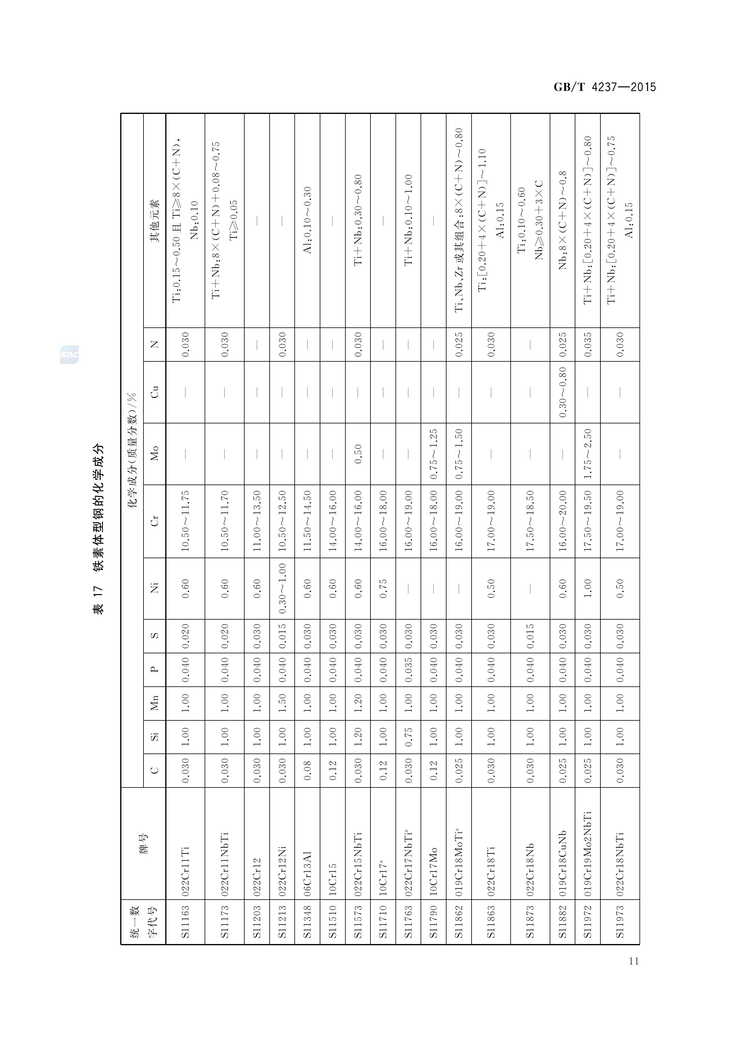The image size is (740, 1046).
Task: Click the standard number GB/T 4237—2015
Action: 605,87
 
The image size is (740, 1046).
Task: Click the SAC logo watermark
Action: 69,355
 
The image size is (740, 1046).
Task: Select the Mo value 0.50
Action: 358,453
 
